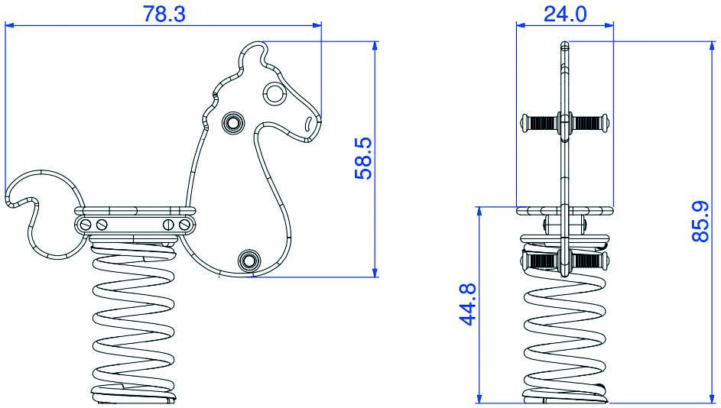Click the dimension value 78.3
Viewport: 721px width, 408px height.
pos(164,13)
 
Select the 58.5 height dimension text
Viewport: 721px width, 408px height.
pos(363,159)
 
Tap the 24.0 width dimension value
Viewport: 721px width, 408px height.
pos(565,13)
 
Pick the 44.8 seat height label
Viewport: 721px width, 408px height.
pos(468,304)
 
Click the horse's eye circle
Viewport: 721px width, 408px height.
pos(274,93)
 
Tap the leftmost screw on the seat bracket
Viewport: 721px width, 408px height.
pos(85,224)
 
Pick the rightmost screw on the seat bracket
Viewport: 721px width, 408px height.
pos(183,224)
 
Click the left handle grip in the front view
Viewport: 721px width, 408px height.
pos(538,121)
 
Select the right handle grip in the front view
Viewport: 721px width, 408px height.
pos(589,121)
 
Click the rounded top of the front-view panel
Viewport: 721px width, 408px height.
pos(564,45)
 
